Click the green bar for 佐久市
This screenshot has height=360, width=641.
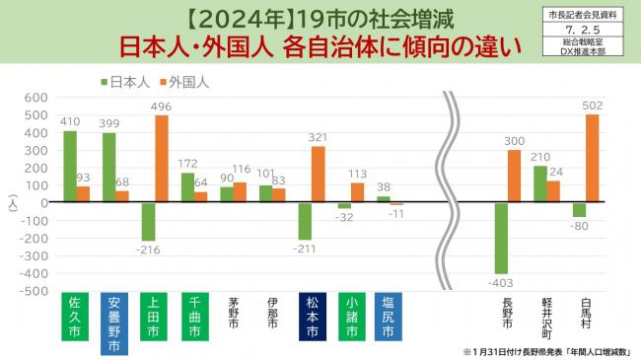coord(70,166)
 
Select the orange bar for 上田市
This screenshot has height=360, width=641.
coord(162,159)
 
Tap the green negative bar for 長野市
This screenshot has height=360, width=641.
coord(501,238)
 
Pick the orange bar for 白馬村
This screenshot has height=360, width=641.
coord(592,158)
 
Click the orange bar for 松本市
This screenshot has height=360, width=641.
coord(318,174)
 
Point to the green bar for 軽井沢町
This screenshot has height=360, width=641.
coord(539,183)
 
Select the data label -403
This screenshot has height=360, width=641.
coord(500,282)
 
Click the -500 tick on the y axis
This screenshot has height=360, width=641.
coord(33,292)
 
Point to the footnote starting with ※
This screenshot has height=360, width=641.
coord(546,350)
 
